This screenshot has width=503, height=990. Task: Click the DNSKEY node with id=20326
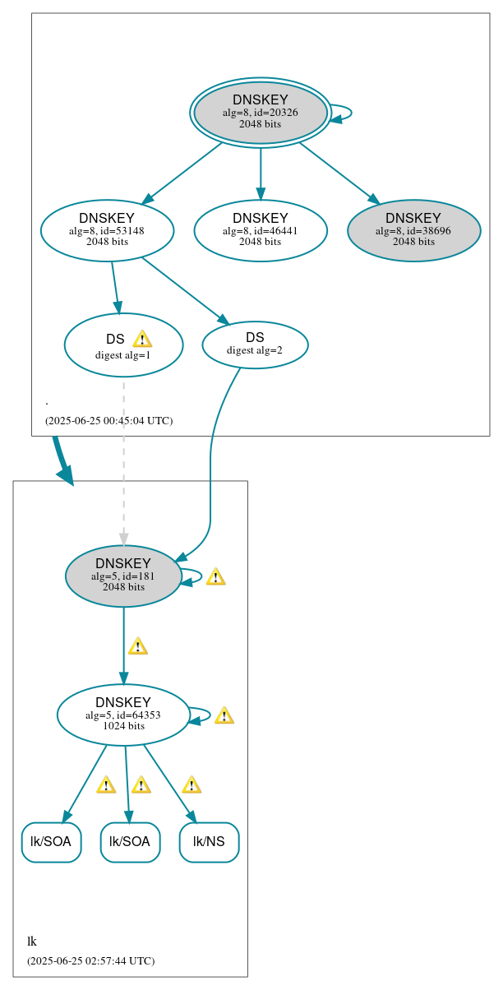point(261,113)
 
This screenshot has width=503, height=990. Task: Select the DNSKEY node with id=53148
point(107,230)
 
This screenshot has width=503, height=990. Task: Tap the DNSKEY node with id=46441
point(261,230)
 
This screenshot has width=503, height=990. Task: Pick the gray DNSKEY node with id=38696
point(413,230)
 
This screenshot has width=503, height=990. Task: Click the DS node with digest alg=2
point(255,345)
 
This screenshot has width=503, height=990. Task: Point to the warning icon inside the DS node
point(141,339)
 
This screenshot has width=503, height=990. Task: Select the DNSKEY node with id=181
point(123,576)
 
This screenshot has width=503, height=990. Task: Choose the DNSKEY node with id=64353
point(123,715)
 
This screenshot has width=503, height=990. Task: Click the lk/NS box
point(209,842)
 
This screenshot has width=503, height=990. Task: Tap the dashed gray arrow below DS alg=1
point(124,460)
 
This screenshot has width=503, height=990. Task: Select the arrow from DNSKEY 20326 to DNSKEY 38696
point(339,173)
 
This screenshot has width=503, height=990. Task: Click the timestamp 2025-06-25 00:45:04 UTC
point(108,421)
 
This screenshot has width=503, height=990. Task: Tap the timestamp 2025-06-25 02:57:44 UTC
point(90,960)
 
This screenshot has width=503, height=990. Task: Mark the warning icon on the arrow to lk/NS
point(192,784)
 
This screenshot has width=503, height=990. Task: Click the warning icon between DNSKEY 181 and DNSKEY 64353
point(137,646)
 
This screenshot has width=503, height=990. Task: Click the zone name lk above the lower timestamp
point(32,941)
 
